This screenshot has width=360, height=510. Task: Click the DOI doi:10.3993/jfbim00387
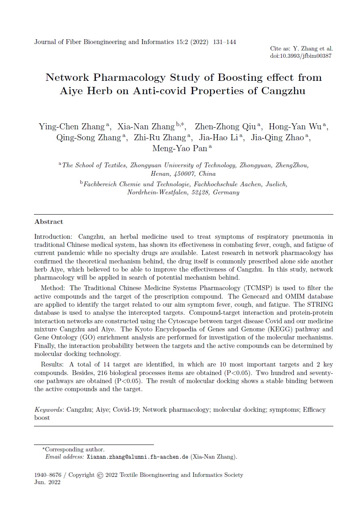[x=301, y=56]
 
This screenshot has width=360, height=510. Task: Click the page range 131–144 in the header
[x=224, y=42]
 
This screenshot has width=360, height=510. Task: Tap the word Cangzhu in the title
[x=283, y=91]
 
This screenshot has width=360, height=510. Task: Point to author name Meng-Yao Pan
[x=179, y=148]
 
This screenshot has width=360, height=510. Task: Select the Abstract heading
[x=49, y=222]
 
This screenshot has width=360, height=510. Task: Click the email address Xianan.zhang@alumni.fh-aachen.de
[x=137, y=457]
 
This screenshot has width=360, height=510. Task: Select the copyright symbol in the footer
[x=100, y=475]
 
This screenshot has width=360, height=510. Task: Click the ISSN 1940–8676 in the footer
[x=48, y=475]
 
